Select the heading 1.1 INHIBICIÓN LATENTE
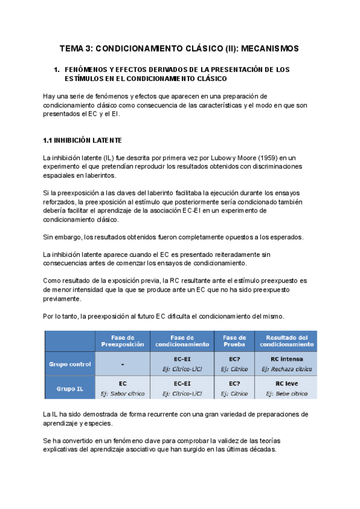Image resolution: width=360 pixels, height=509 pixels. (82, 140)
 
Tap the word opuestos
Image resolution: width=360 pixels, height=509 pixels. (224, 237)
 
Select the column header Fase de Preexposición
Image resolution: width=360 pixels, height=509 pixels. (122, 341)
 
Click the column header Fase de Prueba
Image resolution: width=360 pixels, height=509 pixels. (234, 341)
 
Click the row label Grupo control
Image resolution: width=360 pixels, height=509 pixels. (70, 364)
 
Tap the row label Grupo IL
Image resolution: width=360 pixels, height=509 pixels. (70, 388)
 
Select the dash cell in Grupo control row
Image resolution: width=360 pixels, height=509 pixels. (122, 364)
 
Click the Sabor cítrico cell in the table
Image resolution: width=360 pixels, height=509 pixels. (122, 394)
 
